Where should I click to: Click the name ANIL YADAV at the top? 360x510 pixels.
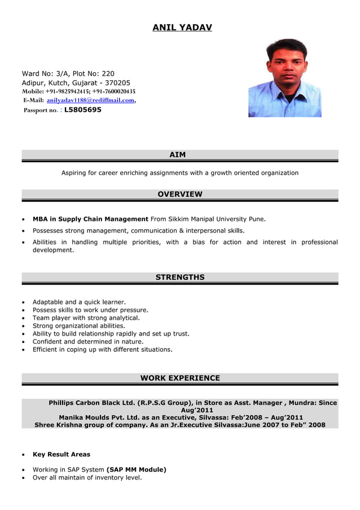(182, 27)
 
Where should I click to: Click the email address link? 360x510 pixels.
(90, 100)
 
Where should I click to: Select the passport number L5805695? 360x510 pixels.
(83, 110)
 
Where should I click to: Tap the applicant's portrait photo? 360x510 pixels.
(284, 78)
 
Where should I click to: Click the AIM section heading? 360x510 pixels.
(178, 155)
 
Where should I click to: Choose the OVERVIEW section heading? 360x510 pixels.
(179, 194)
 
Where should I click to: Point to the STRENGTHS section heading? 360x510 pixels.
(179, 277)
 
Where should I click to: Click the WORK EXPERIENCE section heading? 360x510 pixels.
(179, 378)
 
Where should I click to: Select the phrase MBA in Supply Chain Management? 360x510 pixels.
(90, 219)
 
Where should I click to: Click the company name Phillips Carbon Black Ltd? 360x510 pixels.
(92, 403)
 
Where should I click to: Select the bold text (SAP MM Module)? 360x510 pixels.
(136, 469)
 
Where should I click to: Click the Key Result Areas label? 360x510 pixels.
(61, 454)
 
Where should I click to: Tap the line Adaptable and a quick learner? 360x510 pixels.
(79, 302)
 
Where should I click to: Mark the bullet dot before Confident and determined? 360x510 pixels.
(22, 342)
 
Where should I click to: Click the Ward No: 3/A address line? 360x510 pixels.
(68, 73)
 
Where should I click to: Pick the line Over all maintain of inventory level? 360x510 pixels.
(87, 477)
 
